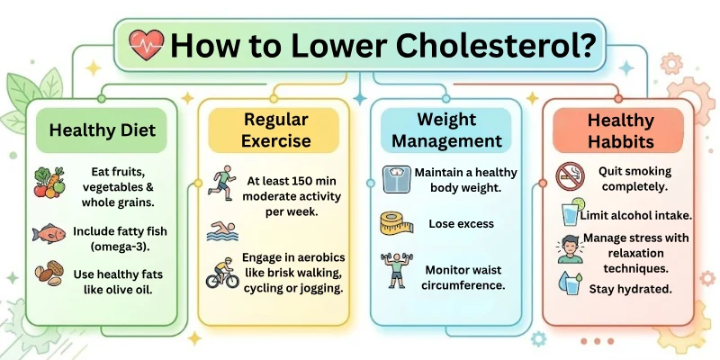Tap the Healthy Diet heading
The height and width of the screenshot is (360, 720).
coord(102,130)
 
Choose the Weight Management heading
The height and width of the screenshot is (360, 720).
coord(446,130)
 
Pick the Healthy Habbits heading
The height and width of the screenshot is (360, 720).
coord(619,130)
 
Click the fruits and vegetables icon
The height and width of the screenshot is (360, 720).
coord(50,181)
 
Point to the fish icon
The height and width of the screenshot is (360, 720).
coord(49,233)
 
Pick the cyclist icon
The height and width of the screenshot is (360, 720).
coord(221,273)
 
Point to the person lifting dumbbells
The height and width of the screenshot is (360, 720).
coord(396,270)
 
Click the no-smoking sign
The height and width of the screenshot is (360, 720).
coord(571,175)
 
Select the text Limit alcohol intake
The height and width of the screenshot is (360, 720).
coord(635,215)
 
